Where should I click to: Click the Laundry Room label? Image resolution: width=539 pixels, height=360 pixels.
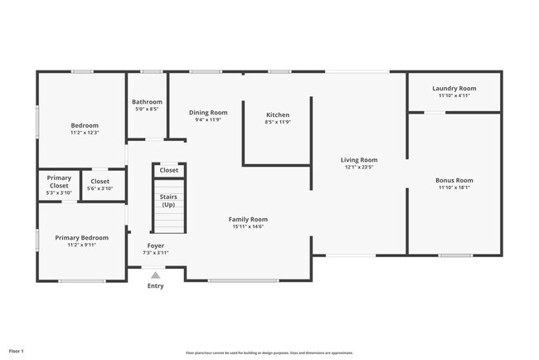point(454,88)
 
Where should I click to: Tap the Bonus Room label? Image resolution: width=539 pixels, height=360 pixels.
point(454,180)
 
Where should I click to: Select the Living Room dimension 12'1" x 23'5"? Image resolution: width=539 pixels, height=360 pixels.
point(359,167)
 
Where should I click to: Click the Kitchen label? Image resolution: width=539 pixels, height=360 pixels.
point(277,114)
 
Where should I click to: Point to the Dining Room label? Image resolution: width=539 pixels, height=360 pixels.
point(208,112)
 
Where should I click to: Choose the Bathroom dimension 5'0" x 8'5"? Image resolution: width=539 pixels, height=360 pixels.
point(147,109)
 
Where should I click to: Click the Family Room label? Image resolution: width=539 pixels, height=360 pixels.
point(248,219)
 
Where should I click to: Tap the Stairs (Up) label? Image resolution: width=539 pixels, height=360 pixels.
point(168,200)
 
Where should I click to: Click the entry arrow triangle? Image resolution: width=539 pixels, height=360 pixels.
point(155,274)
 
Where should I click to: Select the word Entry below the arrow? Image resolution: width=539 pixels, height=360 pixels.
point(155,286)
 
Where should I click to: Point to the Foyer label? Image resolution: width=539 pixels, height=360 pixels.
point(155,246)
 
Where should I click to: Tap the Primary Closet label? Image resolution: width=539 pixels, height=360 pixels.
point(58,182)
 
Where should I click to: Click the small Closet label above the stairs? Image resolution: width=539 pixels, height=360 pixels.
point(168,170)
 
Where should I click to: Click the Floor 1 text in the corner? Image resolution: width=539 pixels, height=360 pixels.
point(17,352)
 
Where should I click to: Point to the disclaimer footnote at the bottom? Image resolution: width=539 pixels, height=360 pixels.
point(269,353)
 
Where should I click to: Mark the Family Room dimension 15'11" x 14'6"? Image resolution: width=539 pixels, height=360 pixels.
point(248,226)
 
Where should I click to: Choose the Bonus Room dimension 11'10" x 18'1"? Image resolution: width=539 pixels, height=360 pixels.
point(454,187)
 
